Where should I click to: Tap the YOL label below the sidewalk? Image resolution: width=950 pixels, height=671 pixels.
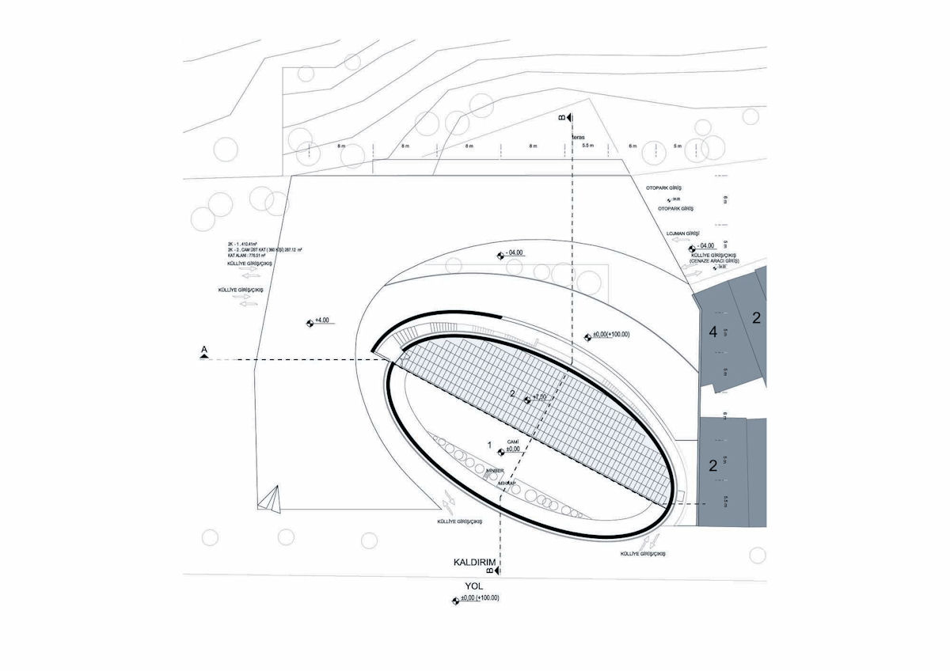pyautogui.click(x=473, y=587)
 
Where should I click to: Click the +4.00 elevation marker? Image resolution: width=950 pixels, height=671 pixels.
pyautogui.click(x=322, y=320)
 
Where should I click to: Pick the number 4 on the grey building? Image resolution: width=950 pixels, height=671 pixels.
pyautogui.click(x=712, y=333)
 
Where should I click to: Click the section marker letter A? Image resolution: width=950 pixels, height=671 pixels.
pyautogui.click(x=205, y=349)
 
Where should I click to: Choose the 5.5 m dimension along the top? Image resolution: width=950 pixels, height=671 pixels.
pyautogui.click(x=587, y=146)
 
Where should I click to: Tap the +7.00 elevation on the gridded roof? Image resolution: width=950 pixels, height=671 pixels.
pyautogui.click(x=538, y=396)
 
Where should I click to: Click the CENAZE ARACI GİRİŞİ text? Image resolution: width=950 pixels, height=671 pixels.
pyautogui.click(x=715, y=260)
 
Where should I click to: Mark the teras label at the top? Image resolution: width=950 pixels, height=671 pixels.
pyautogui.click(x=576, y=136)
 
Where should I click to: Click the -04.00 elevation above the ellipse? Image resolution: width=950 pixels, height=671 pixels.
pyautogui.click(x=516, y=252)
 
